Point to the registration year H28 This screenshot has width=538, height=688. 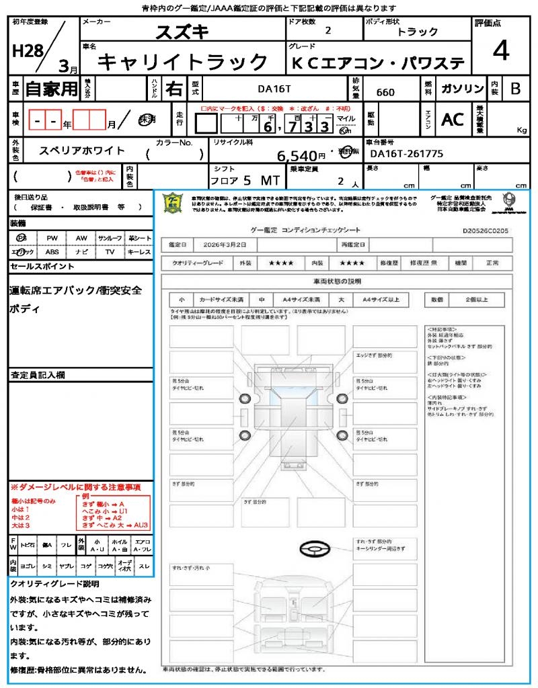pos(26,51)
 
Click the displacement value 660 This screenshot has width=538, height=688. pos(385,92)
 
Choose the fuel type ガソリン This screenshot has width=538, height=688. pos(462,89)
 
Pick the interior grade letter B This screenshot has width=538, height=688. pos(515,89)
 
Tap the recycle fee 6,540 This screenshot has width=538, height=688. pos(297,156)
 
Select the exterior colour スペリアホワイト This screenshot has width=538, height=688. pos(83,151)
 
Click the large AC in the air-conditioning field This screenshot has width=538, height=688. pos(453,120)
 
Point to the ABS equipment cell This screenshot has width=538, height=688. pos(52,252)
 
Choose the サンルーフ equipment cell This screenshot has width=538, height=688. pos(110,239)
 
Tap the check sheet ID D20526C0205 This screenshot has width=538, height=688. pos(486,230)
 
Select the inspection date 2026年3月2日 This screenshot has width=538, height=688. pos(217,244)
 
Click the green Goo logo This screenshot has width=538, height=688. pos(174,202)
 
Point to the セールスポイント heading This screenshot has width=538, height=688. pos(42,267)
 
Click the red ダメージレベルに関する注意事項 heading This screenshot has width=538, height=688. pos(75,486)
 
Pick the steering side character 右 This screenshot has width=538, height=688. pos(174,88)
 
